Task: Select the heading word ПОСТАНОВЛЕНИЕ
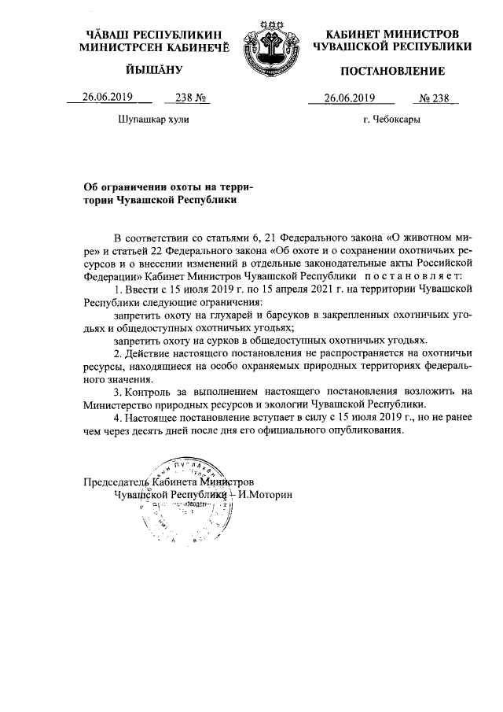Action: coord(392,72)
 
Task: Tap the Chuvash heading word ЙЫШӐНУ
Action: coord(154,72)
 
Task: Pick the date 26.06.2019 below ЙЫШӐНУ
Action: coord(107,98)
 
